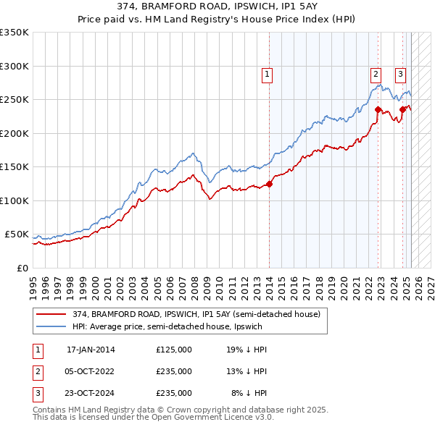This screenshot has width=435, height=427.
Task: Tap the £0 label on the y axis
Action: (x=21, y=268)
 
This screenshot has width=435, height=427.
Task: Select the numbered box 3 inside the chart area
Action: (x=399, y=73)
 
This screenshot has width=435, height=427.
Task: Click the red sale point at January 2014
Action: (x=269, y=184)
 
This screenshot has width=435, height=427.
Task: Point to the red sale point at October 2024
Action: (x=403, y=110)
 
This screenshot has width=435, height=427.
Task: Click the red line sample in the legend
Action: (x=50, y=314)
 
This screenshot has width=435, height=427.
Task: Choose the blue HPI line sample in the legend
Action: (x=50, y=326)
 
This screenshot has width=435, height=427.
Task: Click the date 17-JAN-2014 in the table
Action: (x=91, y=350)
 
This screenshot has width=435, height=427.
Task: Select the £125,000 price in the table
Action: (x=174, y=350)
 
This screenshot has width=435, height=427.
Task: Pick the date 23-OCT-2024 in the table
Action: (x=91, y=393)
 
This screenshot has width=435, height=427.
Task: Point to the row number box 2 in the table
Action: (x=36, y=371)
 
